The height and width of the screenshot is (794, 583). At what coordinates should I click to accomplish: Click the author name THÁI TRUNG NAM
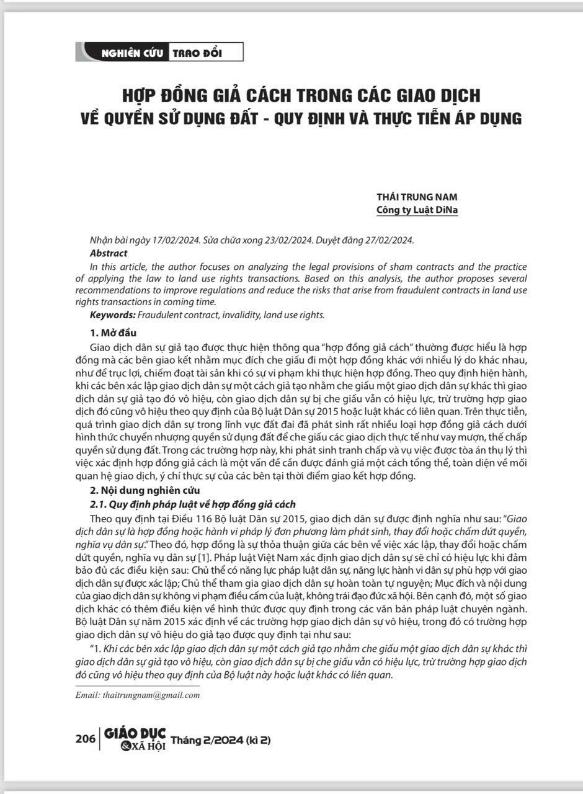(417, 197)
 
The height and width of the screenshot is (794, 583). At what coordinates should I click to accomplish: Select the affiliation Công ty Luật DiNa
(417, 210)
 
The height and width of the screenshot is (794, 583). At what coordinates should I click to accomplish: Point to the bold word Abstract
(109, 253)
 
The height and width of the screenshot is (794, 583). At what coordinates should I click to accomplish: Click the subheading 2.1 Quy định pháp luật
(193, 504)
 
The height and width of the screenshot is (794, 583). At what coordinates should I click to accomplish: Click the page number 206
(85, 739)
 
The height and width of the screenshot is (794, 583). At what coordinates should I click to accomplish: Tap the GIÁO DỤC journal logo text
(135, 734)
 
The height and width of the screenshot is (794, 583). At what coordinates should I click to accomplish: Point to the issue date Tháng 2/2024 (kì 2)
(221, 739)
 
